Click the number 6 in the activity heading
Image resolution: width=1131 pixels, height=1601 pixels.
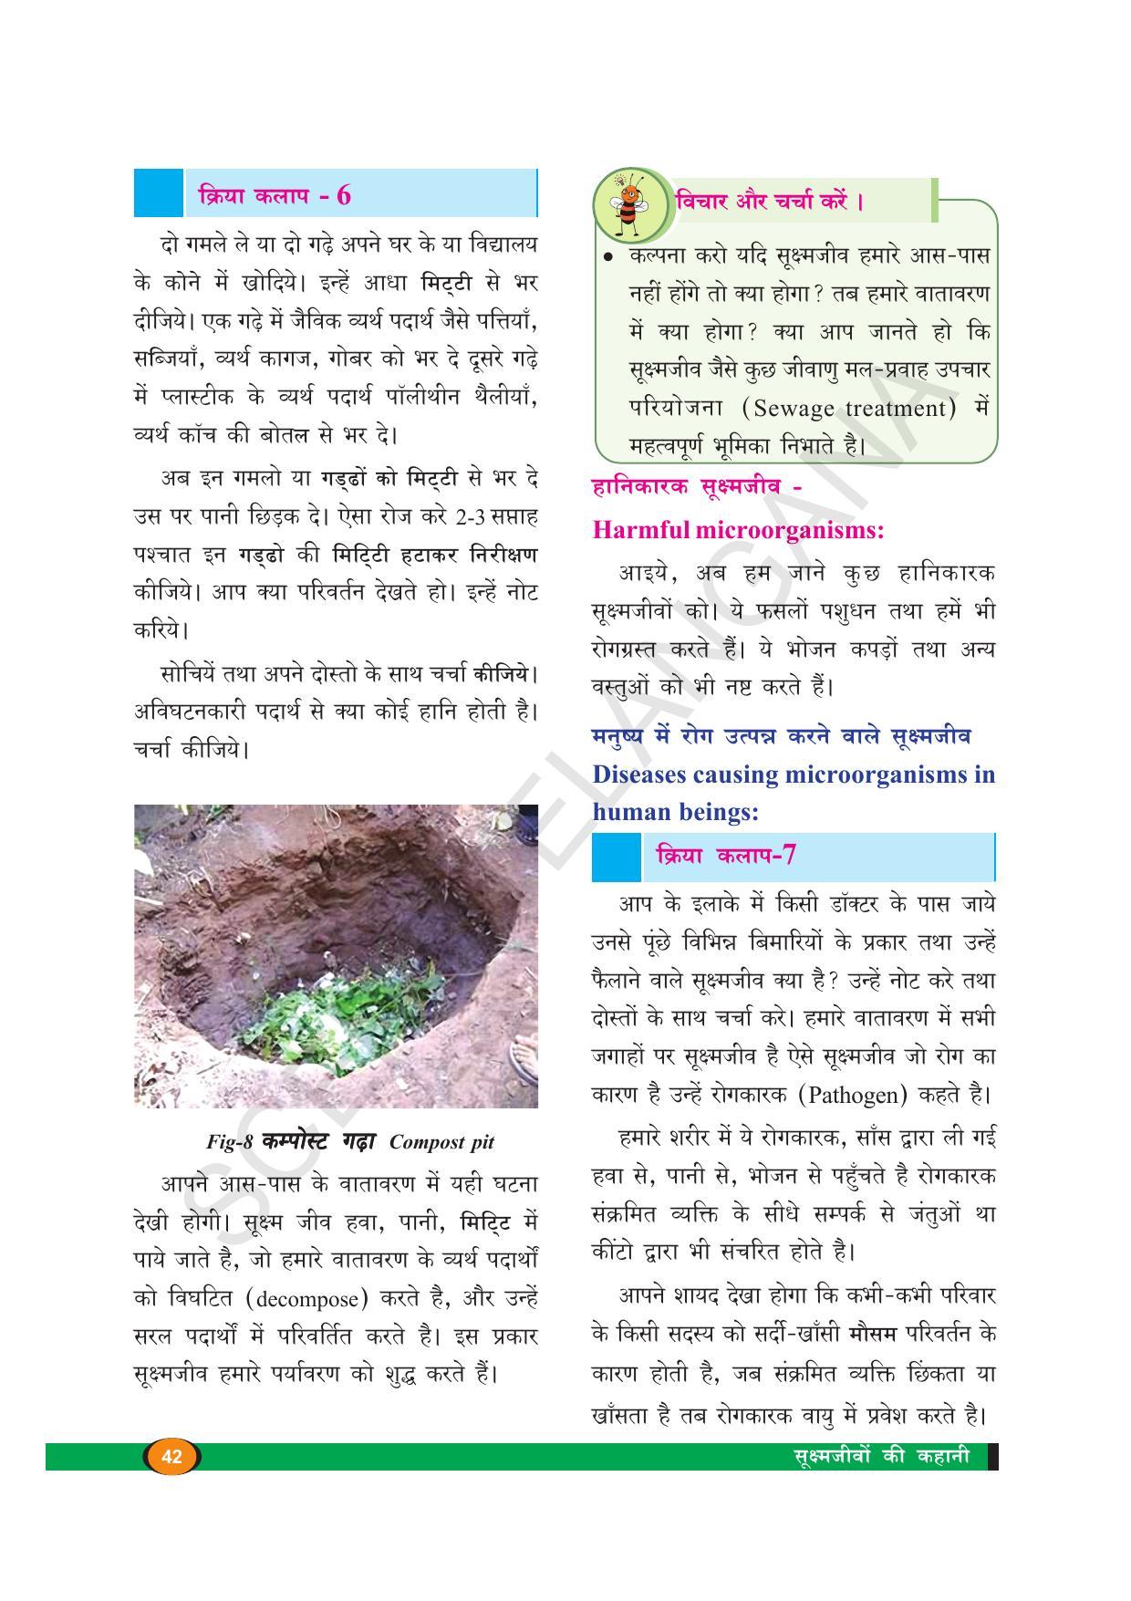(343, 195)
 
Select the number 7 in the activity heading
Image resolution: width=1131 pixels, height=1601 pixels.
(789, 856)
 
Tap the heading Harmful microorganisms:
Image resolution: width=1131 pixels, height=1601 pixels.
(738, 530)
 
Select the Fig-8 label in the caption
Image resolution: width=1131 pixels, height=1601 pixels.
(229, 1142)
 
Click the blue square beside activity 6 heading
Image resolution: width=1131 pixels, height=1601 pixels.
(158, 192)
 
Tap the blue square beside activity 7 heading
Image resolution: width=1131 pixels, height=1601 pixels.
(616, 857)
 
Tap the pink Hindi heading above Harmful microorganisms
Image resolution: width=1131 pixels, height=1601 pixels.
(697, 487)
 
